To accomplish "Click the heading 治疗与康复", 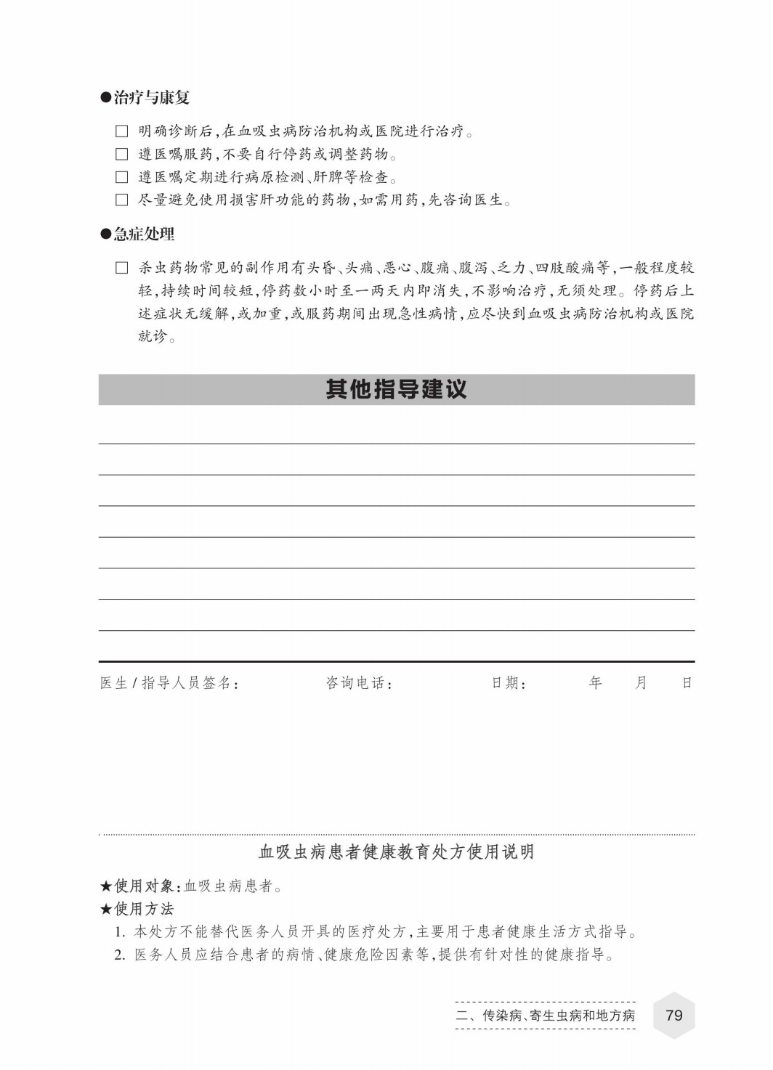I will (151, 97).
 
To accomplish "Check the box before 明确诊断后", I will (122, 131).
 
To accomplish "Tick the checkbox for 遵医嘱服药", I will (122, 155).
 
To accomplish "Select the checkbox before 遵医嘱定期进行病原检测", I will (122, 177).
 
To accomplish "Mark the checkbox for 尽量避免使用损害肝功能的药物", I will (122, 200).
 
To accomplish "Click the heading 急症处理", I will (144, 234).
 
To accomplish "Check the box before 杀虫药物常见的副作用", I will (122, 268).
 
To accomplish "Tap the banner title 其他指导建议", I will (396, 390).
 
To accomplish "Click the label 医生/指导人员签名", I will (169, 683).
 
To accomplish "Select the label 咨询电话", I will (358, 683).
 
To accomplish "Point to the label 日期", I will (509, 683).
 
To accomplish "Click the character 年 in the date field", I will (596, 682).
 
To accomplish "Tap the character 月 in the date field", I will (641, 682).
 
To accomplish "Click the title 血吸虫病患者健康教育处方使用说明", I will (397, 851).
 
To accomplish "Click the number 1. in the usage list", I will (121, 932).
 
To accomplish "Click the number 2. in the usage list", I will (121, 955).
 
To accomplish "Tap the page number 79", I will (674, 1015).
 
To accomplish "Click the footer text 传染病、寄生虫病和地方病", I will (559, 1016).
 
